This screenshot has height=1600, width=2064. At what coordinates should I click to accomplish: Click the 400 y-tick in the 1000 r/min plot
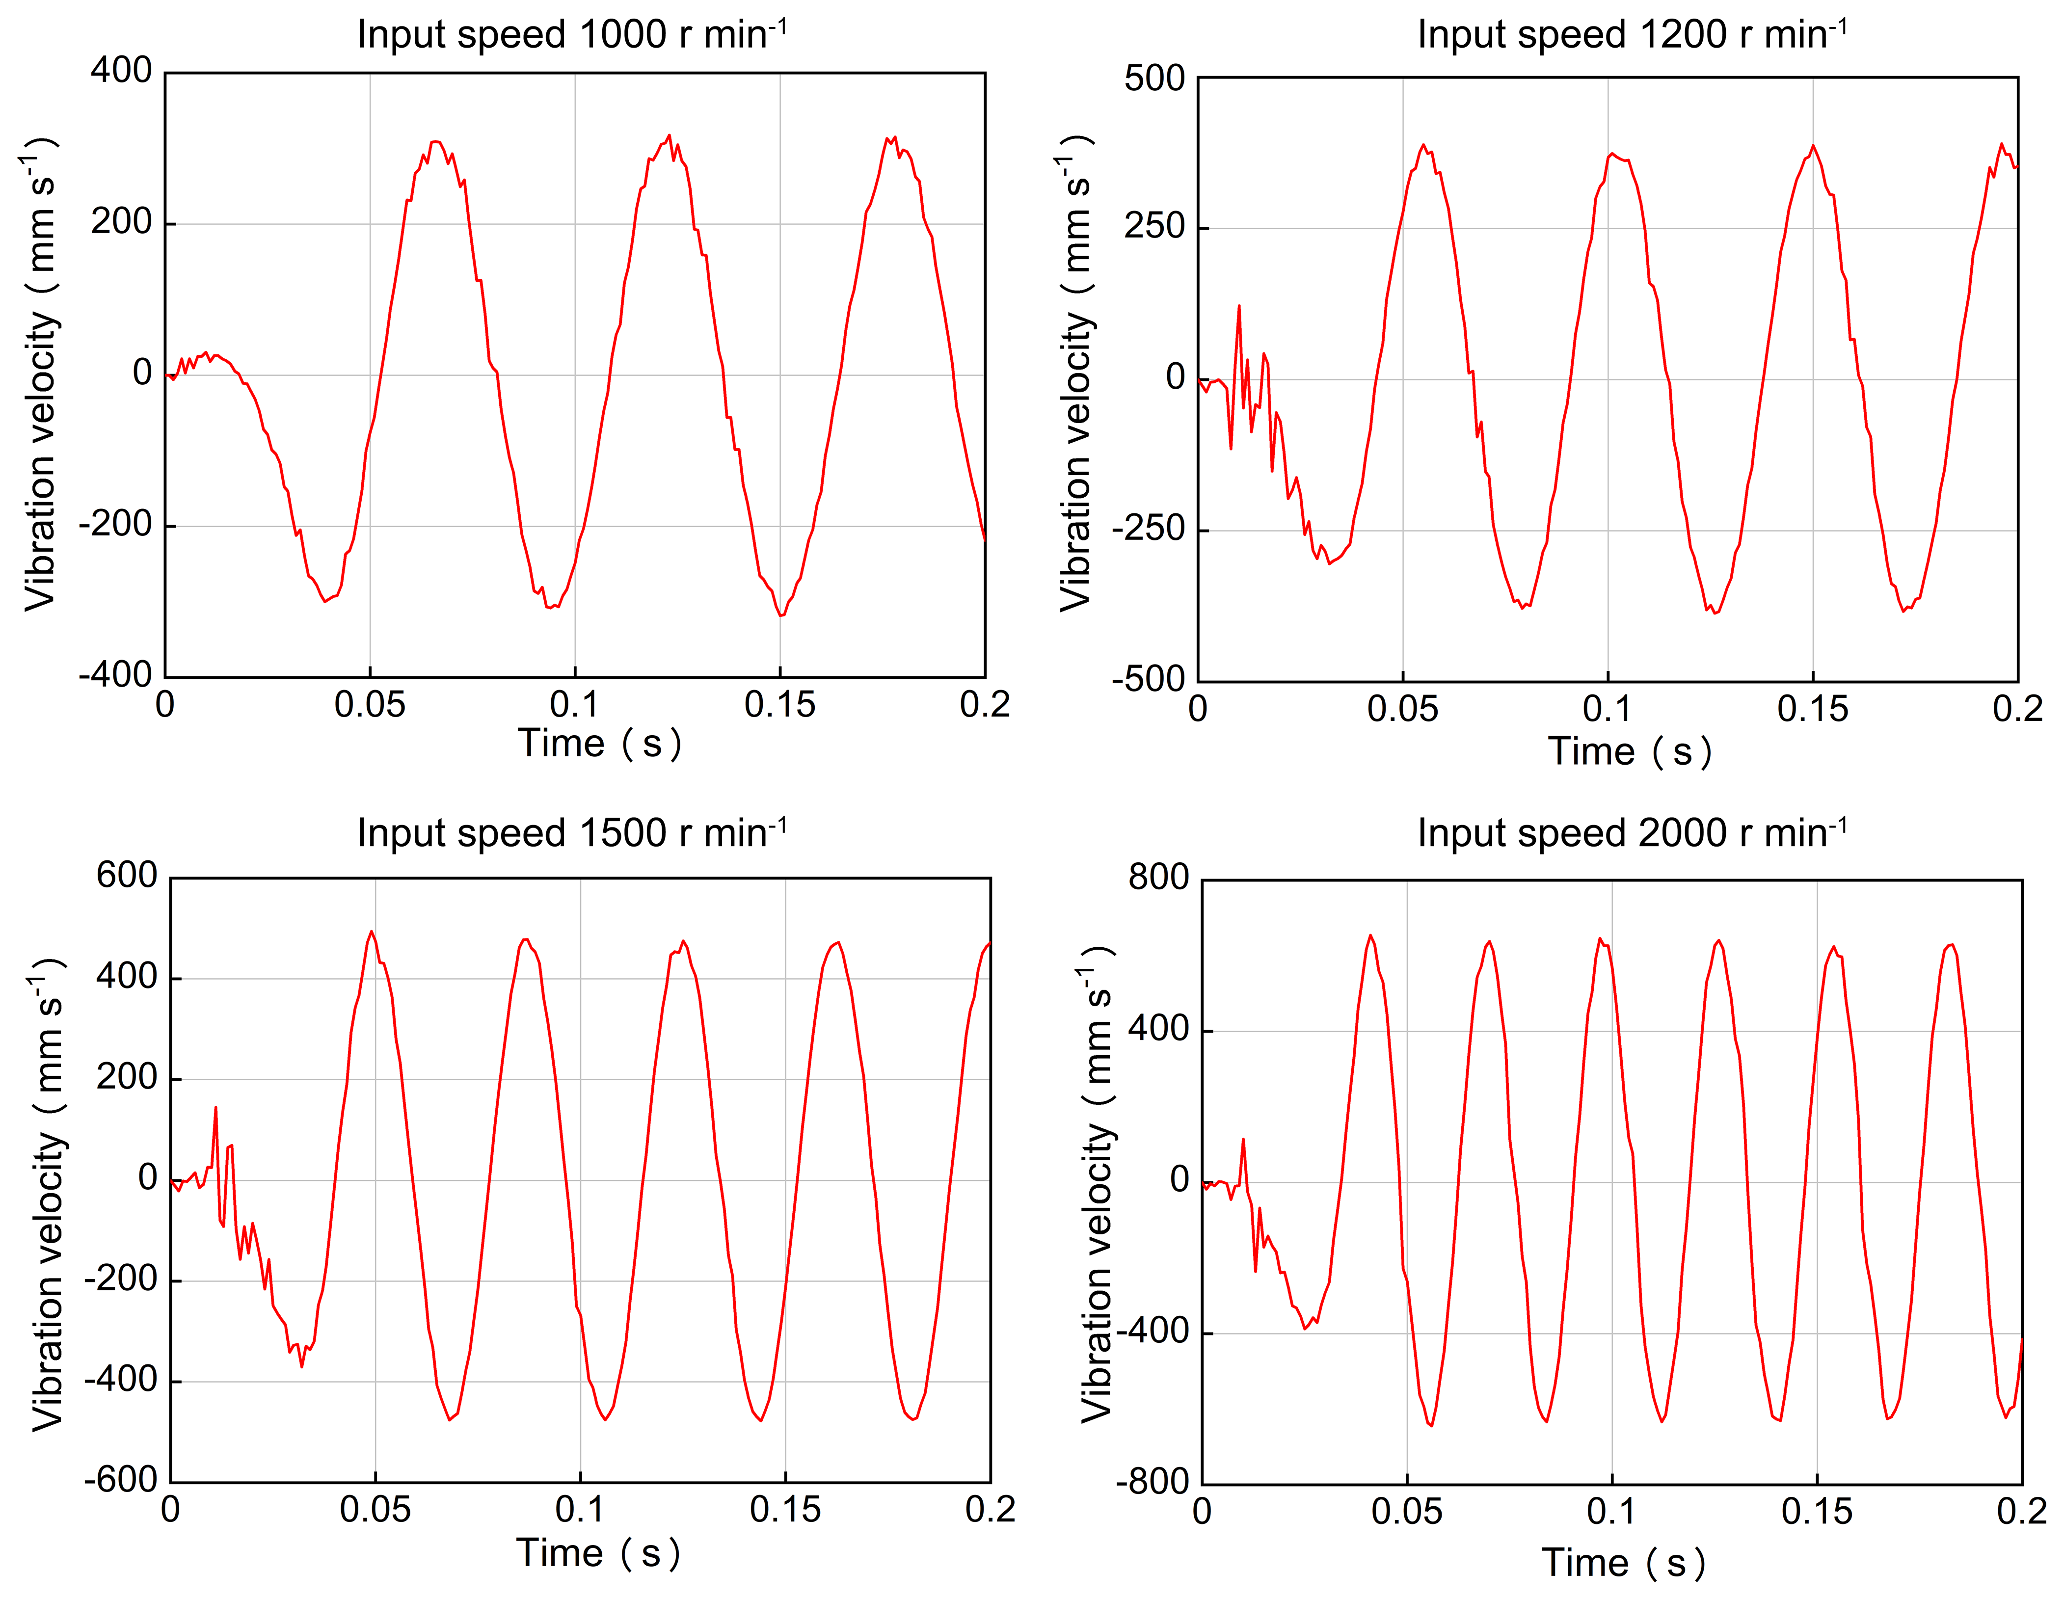pos(121,71)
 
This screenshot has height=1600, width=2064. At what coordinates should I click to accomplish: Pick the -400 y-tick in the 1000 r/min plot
pos(115,675)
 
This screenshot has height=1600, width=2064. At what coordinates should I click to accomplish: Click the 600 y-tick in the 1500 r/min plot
pos(127,876)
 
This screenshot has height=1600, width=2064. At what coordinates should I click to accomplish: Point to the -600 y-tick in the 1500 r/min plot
pos(120,1480)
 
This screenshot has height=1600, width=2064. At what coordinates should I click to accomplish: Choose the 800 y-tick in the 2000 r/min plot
pos(1158,878)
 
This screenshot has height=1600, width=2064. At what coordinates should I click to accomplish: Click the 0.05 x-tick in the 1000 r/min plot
pos(370,705)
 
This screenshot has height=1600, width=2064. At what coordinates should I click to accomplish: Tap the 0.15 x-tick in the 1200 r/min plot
pos(1813,710)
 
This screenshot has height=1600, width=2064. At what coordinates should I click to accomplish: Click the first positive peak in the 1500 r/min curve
pos(372,932)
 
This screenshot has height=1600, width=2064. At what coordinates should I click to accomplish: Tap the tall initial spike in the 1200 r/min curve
pos(1239,306)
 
